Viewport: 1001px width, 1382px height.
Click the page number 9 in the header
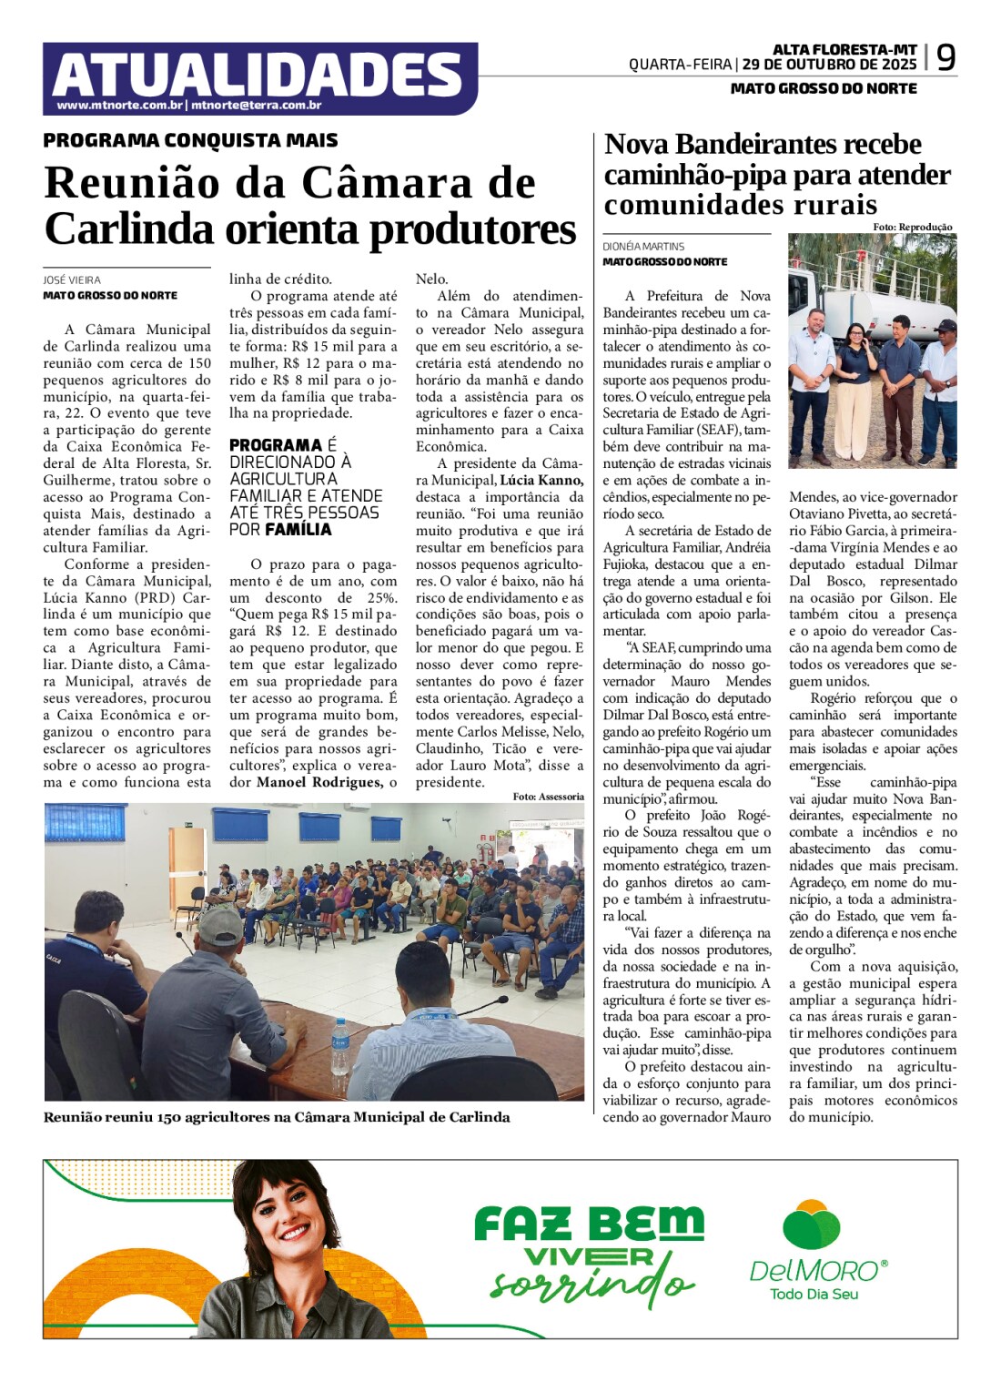coord(946,58)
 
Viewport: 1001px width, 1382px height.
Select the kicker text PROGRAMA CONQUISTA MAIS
coord(190,140)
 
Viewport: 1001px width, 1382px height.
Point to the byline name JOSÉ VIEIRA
coord(72,279)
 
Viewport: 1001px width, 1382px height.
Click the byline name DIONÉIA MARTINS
coord(643,246)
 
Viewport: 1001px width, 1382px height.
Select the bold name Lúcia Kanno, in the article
coord(541,480)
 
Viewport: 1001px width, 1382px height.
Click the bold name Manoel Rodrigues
coord(318,782)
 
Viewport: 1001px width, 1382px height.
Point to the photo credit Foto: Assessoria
coord(548,797)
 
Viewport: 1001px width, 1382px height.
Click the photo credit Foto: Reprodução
coord(912,227)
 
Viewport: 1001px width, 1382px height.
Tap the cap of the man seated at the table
coord(220,925)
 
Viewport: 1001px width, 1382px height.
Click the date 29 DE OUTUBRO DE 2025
coord(829,65)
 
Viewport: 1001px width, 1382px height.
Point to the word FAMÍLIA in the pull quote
coord(298,529)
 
